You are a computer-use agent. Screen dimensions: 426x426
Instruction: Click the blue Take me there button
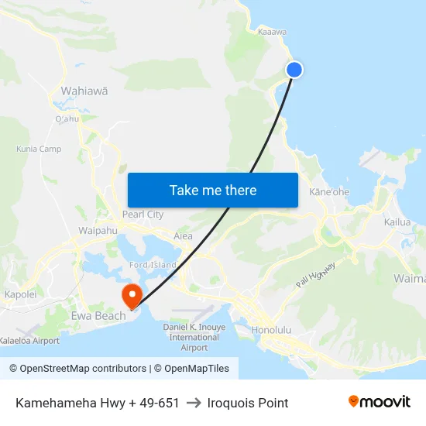213,190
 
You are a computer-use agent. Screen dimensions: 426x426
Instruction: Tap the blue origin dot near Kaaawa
294,70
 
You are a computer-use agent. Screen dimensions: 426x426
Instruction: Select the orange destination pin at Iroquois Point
131,295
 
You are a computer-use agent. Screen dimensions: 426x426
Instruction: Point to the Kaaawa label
272,32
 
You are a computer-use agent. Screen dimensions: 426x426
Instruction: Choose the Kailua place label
397,222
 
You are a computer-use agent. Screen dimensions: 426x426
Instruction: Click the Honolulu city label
271,330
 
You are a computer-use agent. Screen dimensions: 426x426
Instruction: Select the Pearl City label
143,214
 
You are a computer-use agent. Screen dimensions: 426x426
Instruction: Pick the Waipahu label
98,231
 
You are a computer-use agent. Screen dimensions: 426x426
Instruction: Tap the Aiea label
184,235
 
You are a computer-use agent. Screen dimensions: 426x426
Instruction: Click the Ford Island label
153,265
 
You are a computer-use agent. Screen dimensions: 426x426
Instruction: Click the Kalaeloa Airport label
29,340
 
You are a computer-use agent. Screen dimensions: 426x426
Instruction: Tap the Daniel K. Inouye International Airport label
194,338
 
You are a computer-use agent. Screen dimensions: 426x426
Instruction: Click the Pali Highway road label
316,276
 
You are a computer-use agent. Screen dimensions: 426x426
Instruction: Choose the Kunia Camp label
39,149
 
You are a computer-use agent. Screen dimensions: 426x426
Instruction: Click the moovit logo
379,402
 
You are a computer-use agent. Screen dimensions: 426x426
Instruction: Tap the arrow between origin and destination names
194,403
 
